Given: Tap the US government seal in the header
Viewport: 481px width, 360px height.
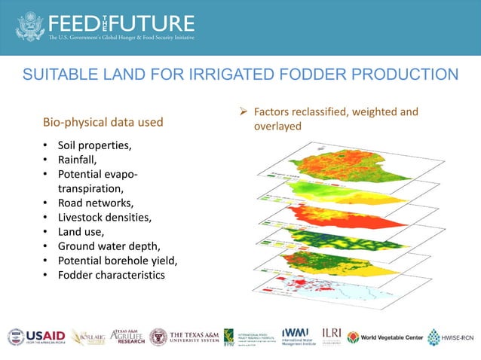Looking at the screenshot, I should tap(31, 26).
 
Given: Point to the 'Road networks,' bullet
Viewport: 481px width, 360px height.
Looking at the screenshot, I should tap(96, 203).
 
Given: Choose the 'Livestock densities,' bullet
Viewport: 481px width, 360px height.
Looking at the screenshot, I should tap(104, 217).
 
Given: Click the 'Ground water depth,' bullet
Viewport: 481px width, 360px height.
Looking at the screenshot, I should tap(109, 246).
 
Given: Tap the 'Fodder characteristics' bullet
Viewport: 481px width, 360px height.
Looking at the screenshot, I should tap(111, 274).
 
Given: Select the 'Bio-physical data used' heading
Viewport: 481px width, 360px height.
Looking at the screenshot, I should tap(103, 122).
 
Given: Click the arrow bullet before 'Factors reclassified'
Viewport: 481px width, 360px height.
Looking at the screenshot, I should tap(244, 112).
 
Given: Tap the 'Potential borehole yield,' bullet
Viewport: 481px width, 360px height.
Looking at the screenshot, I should tap(119, 260).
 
